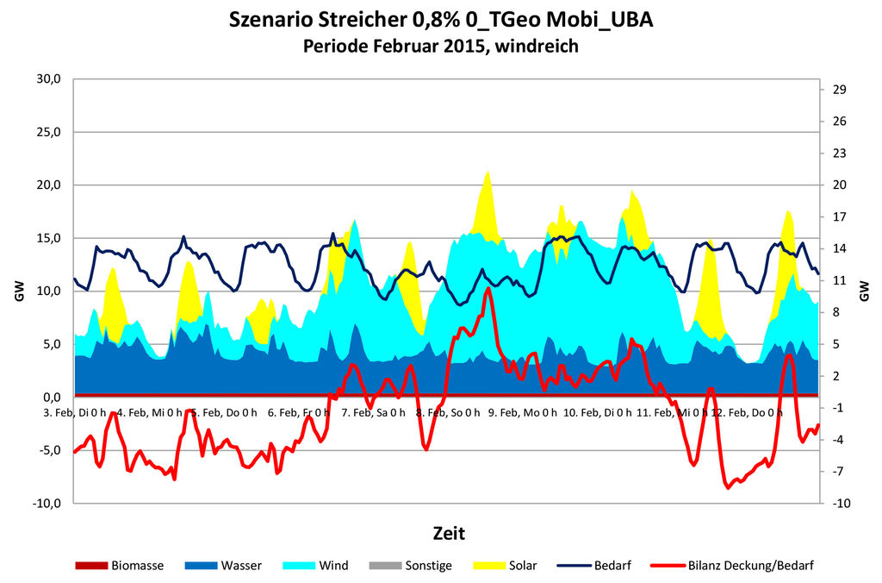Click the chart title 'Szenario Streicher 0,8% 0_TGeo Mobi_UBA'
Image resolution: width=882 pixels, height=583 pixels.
point(441,20)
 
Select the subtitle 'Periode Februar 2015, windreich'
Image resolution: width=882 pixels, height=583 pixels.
point(441,46)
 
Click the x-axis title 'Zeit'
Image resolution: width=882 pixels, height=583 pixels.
point(449,531)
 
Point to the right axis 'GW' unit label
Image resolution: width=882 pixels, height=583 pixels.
point(865,291)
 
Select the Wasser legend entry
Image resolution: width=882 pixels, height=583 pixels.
point(223,566)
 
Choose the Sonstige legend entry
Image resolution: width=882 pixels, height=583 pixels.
point(409,566)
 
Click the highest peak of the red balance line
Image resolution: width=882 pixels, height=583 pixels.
point(488,289)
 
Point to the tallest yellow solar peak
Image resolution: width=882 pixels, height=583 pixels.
point(488,172)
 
